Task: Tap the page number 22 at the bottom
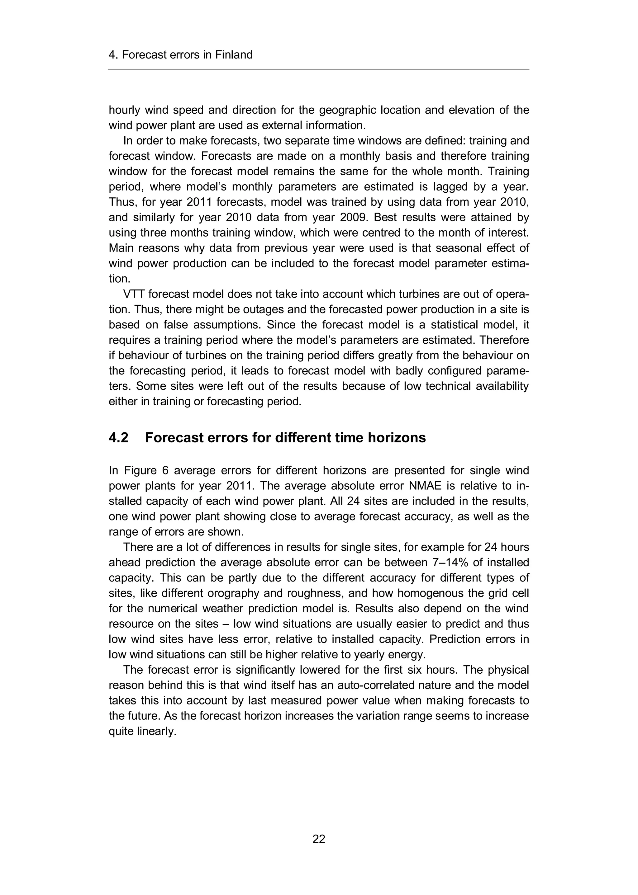319,839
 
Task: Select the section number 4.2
118,438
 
